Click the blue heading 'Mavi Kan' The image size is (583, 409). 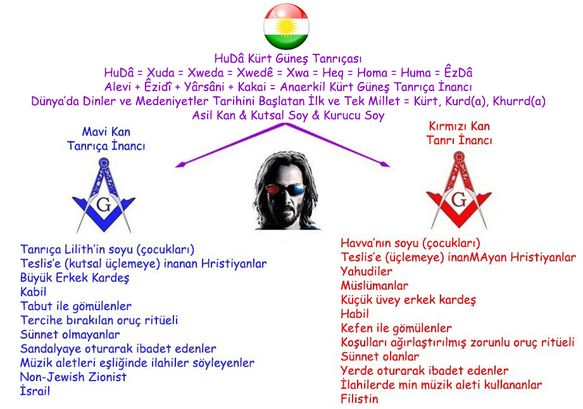tap(106, 132)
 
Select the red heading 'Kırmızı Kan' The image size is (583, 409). tap(460, 127)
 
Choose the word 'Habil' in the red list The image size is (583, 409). tap(354, 313)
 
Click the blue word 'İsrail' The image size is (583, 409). tap(35, 391)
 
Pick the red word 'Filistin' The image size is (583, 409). tap(359, 399)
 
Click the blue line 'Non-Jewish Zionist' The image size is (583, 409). tap(73, 377)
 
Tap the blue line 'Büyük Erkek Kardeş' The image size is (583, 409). tap(75, 278)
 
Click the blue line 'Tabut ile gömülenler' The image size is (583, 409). tap(76, 306)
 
